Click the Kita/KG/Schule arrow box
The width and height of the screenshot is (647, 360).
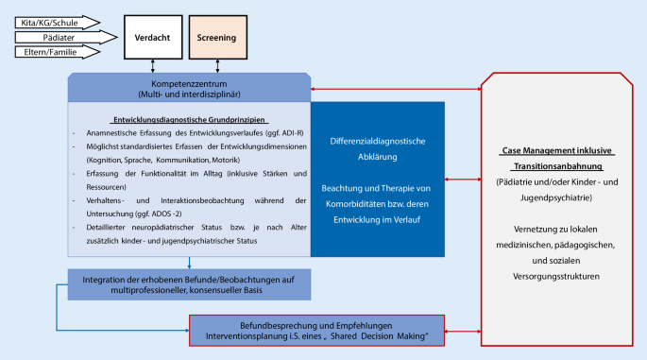pos(51,20)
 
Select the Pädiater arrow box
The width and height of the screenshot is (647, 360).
pos(51,37)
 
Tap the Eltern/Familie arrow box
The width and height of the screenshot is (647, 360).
pos(51,53)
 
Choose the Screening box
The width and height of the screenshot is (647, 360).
pos(216,37)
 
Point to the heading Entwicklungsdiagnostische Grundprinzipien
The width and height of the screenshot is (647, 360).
pos(190,120)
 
